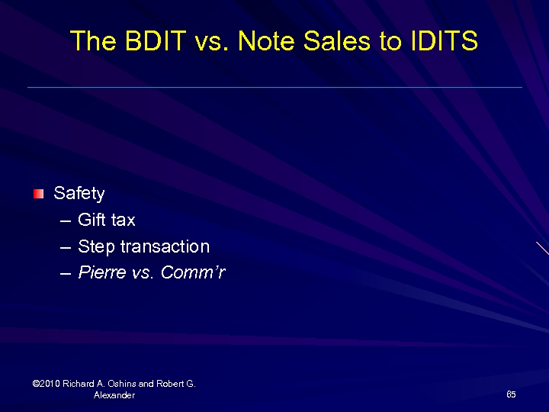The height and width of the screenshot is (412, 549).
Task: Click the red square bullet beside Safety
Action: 38,194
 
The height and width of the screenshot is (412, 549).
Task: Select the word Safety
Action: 79,194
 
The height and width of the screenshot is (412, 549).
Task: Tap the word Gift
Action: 91,220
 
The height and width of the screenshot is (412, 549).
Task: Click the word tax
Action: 122,220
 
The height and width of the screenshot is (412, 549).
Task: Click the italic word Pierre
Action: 101,273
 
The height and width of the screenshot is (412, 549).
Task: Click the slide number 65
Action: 511,394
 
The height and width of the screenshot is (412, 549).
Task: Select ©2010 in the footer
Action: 47,384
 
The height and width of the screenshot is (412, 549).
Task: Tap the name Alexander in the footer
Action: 114,395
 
